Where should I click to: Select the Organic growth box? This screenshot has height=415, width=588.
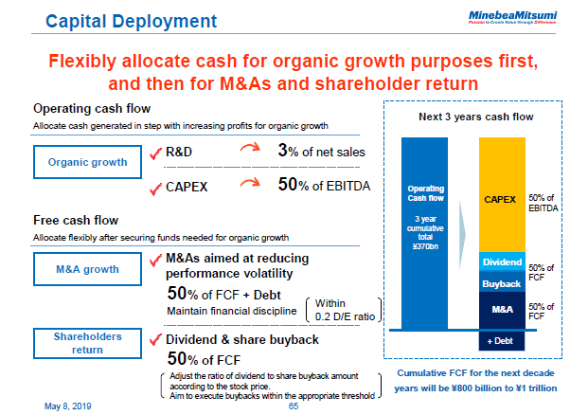[x=87, y=162]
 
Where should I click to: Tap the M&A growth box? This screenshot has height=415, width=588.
[x=87, y=269]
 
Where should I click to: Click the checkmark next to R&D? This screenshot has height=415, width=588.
[x=155, y=152]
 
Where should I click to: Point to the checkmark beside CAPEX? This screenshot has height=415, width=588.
[x=155, y=187]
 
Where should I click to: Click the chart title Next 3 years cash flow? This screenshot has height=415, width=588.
[x=476, y=117]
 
